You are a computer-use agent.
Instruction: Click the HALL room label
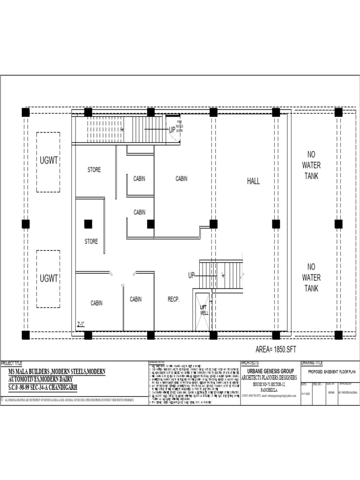(x=253, y=181)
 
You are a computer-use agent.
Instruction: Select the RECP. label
(x=173, y=299)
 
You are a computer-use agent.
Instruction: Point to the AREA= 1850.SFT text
(x=276, y=349)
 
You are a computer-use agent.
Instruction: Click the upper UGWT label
(x=49, y=160)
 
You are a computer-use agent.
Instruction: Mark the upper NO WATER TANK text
(x=311, y=165)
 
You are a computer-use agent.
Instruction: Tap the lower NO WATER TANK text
(x=311, y=277)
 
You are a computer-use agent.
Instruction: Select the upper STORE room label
(x=94, y=170)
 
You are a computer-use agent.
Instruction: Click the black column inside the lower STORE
(x=88, y=224)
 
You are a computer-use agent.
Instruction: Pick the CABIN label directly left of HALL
(x=181, y=179)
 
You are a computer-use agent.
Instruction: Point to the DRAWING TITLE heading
(x=312, y=363)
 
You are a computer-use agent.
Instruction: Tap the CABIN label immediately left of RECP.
(x=135, y=299)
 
